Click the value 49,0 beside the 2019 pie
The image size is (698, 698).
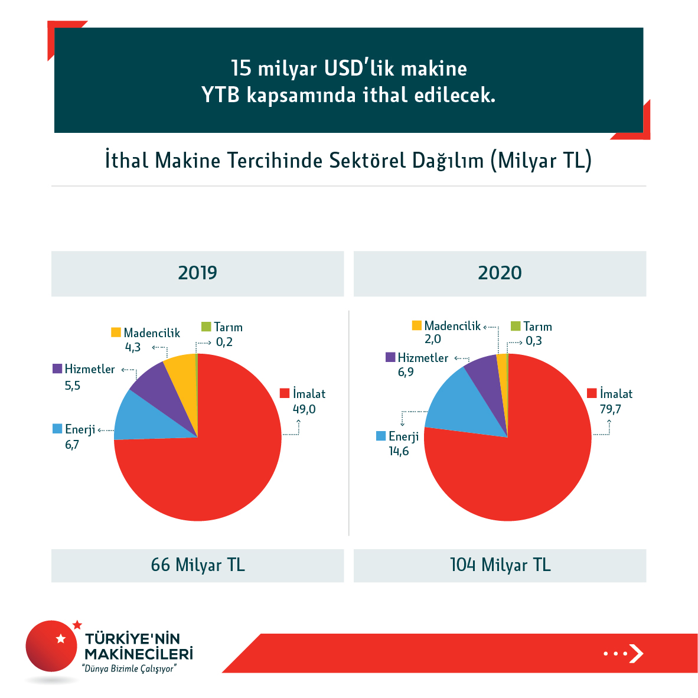coord(304,409)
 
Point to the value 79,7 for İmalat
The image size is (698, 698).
coord(610,409)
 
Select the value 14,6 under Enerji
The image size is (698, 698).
coord(399,452)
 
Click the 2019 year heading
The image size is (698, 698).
coord(197,273)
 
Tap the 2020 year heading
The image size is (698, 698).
coord(500,273)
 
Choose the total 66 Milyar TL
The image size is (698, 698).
coord(197,565)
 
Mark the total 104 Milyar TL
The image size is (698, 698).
coord(500,565)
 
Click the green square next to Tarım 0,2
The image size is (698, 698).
coord(206,327)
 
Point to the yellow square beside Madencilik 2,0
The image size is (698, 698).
coord(417,325)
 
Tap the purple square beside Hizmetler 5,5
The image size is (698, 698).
coord(57,368)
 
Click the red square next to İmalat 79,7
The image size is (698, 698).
coord(592,393)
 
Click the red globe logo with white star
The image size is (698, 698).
coord(51,646)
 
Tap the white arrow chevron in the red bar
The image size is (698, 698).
coord(635,653)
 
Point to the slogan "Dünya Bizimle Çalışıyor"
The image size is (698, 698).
coord(130,669)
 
